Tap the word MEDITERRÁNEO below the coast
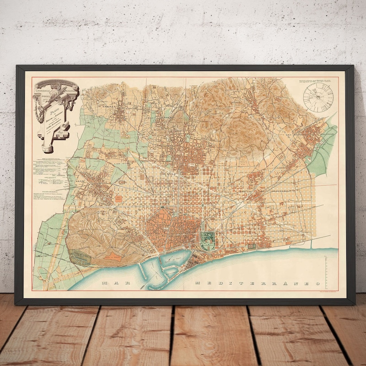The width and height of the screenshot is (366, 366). point(256,283)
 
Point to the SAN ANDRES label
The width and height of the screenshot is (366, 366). point(296,135)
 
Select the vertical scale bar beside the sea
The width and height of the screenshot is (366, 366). point(326,273)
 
